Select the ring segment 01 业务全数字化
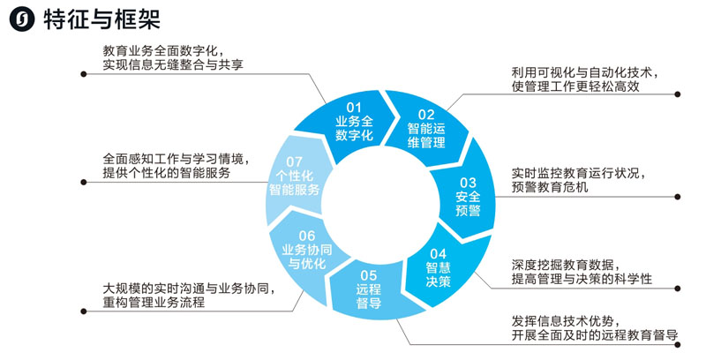(355, 122)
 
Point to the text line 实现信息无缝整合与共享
(173, 66)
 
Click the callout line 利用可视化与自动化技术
(584, 71)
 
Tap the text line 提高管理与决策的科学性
(582, 280)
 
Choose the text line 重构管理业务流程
(154, 304)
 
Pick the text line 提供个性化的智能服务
(167, 175)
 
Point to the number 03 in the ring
(468, 182)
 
